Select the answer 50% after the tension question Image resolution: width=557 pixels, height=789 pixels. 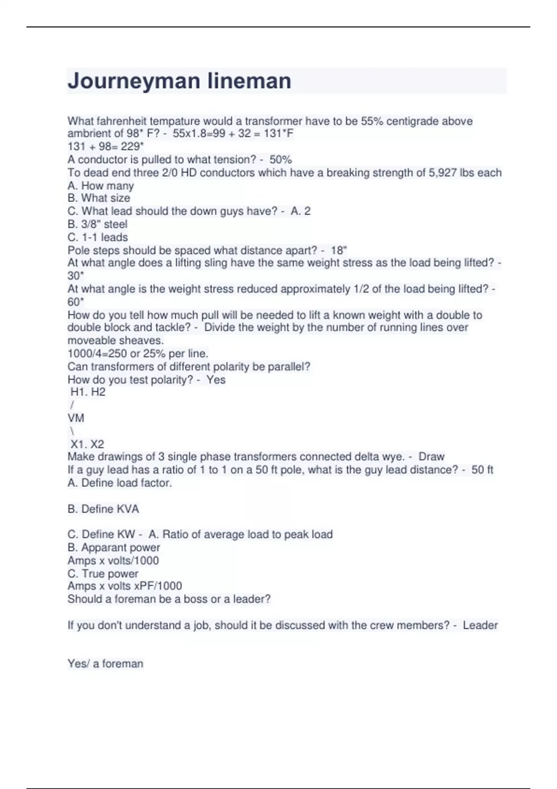[x=280, y=160]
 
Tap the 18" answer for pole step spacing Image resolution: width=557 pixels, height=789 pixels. [x=339, y=250]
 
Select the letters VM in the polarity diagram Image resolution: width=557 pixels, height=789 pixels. [x=76, y=418]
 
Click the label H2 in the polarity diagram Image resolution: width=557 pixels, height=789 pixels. [x=98, y=392]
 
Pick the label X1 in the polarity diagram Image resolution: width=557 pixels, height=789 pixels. [x=78, y=444]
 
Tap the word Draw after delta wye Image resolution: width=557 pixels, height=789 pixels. [x=431, y=457]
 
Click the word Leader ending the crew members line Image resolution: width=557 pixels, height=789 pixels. [x=480, y=626]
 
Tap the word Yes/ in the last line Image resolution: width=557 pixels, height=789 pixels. [x=78, y=664]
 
